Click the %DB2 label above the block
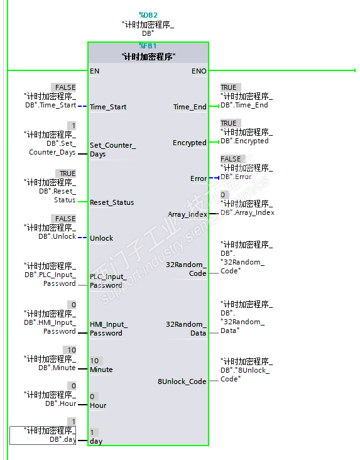(x=148, y=15)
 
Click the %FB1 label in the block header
(x=148, y=46)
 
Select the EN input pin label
(x=94, y=71)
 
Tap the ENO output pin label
(x=199, y=71)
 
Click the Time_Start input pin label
(x=108, y=107)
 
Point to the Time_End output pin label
(x=190, y=107)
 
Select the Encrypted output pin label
(x=190, y=143)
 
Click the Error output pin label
(x=199, y=178)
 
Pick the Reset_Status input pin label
(x=112, y=202)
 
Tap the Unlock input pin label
(x=101, y=238)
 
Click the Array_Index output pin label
(x=187, y=214)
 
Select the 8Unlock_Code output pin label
(x=182, y=381)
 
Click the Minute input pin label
(x=101, y=370)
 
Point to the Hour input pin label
(x=98, y=405)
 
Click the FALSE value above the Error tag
(x=231, y=159)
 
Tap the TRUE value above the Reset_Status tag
(x=67, y=173)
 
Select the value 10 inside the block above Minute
(x=94, y=361)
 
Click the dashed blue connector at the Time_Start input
(x=82, y=106)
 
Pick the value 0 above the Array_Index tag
(x=222, y=195)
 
